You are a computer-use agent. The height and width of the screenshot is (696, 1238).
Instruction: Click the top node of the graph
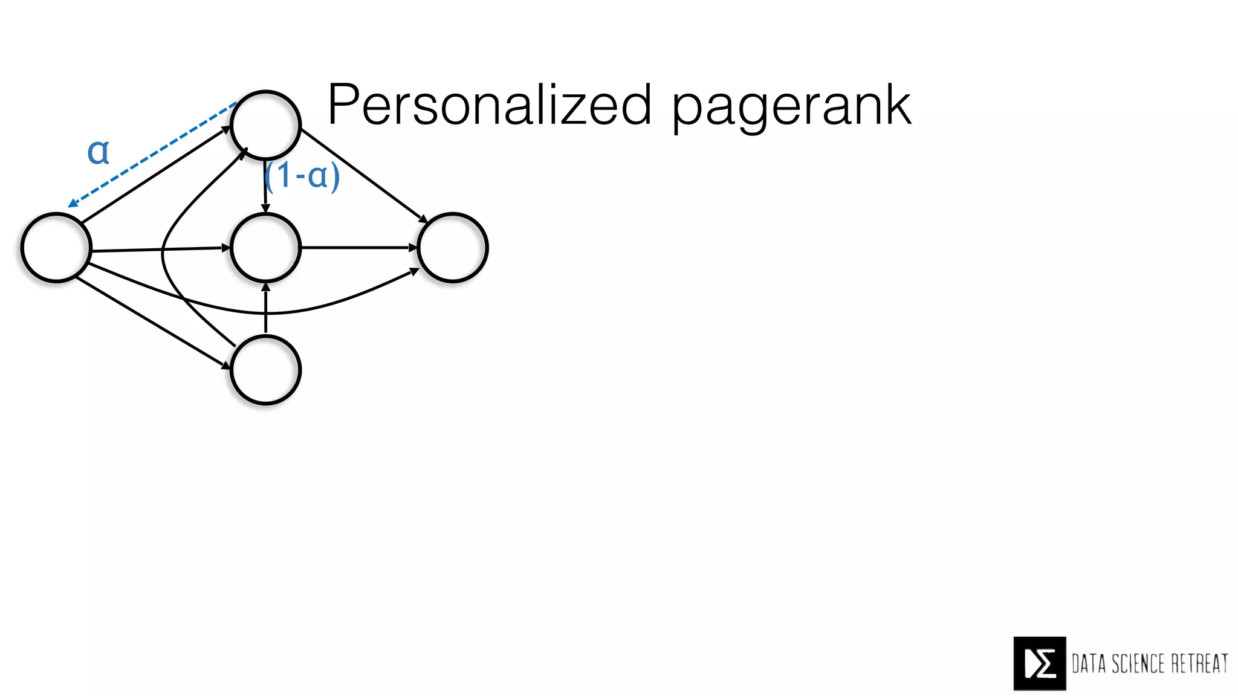(265, 125)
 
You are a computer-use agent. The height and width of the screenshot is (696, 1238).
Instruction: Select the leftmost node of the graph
(56, 247)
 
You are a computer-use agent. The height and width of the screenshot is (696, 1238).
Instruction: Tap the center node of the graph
(265, 248)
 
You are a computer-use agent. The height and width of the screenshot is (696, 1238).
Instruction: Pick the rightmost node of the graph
(452, 248)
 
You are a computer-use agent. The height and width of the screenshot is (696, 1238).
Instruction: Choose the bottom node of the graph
(265, 370)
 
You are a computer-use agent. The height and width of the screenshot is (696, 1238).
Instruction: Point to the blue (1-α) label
(303, 176)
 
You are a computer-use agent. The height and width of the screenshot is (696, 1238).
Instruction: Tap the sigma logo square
(1040, 663)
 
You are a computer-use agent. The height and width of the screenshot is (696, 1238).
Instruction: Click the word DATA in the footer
(1089, 663)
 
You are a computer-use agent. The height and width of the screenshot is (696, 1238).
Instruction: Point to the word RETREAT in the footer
(1199, 663)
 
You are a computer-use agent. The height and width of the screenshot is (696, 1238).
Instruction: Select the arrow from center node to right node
(359, 248)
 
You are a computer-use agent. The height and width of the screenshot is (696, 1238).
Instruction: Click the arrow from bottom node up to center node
(265, 308)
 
